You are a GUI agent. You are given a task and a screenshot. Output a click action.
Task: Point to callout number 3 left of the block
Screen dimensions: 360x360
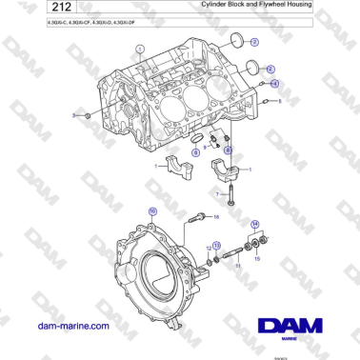[74, 115]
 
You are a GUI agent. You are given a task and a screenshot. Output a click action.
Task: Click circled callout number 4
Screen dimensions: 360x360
[275, 84]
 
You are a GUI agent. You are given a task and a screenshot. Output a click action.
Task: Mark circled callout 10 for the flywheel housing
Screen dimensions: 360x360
[152, 209]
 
